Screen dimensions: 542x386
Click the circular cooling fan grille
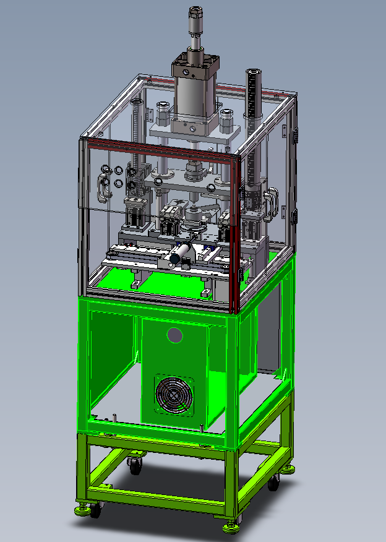[174, 394]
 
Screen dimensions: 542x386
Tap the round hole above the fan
[175, 335]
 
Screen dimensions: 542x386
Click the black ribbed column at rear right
[252, 111]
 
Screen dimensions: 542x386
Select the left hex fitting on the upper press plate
[163, 112]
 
